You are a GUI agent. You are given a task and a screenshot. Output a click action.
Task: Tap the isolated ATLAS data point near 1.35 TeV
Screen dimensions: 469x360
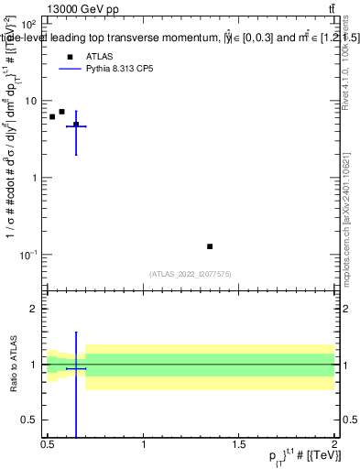pyautogui.click(x=210, y=246)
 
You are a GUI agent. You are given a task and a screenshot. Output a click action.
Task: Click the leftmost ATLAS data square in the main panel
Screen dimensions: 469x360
pyautogui.click(x=52, y=117)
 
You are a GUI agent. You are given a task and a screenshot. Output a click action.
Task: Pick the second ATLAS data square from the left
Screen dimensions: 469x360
pyautogui.click(x=61, y=112)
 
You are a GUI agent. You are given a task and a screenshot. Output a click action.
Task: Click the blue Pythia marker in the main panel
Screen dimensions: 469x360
pyautogui.click(x=76, y=126)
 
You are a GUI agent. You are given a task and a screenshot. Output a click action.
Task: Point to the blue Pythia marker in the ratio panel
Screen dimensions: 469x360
pyautogui.click(x=76, y=368)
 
